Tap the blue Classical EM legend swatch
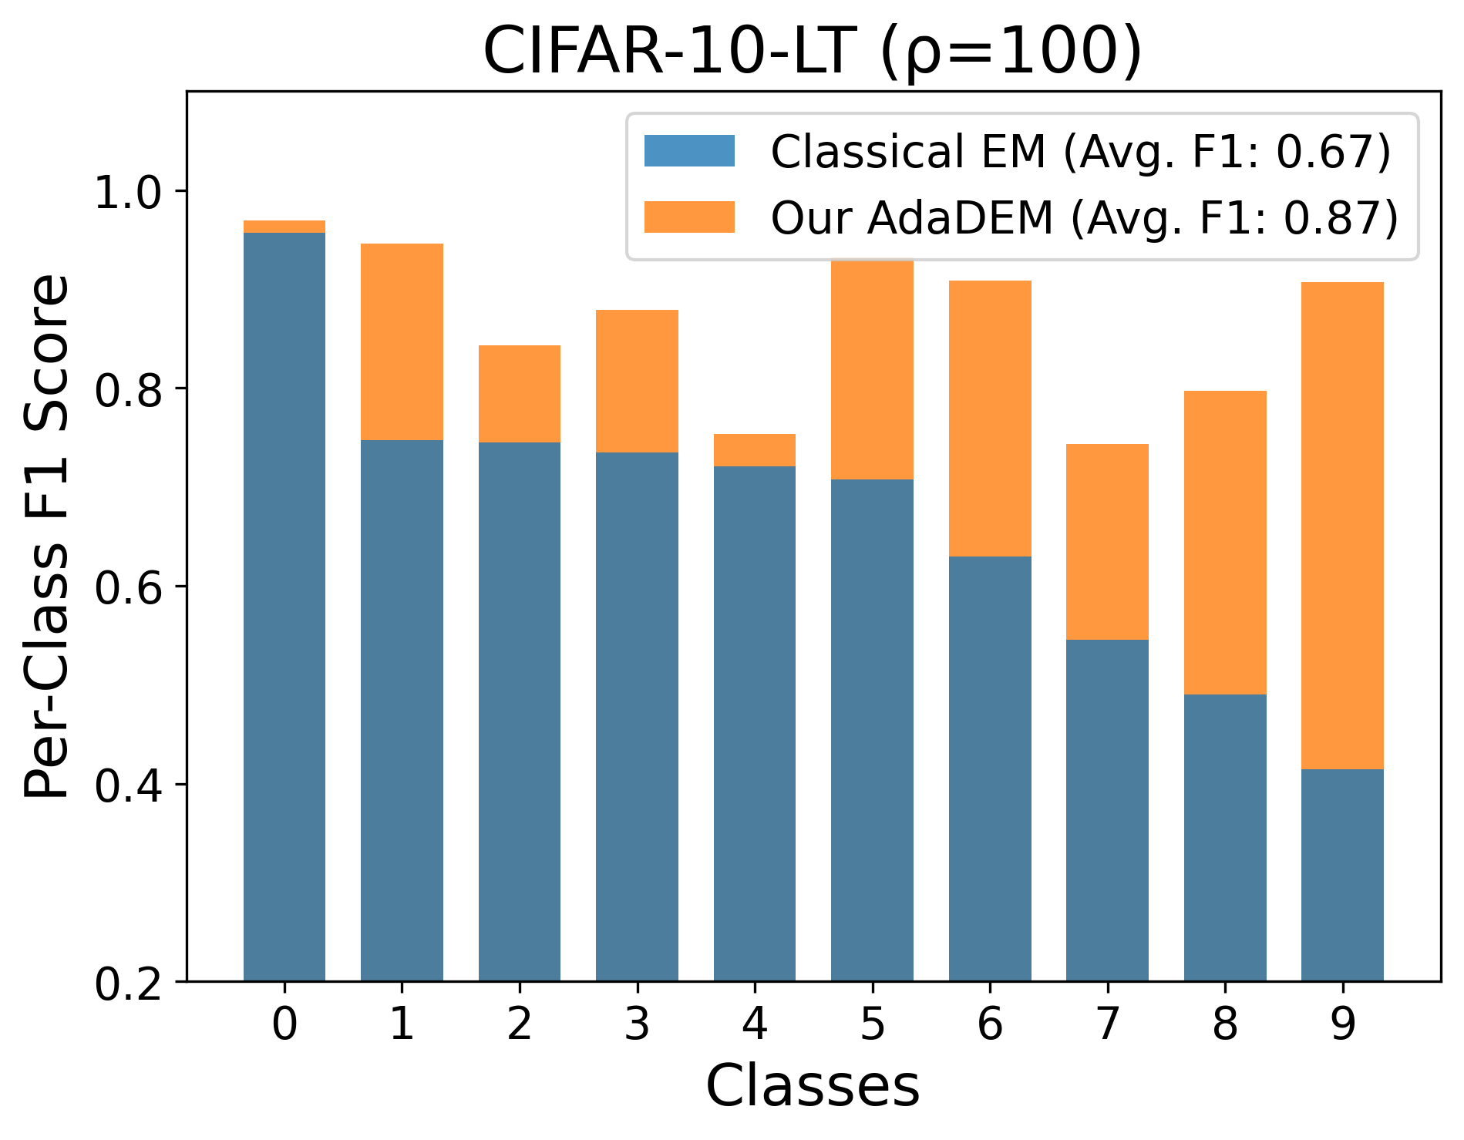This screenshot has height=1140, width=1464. coord(689,151)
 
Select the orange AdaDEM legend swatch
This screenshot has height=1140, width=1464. coord(689,217)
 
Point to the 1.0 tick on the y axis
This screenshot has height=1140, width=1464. coord(182,190)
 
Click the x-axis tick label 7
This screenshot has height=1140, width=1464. coord(1107,1024)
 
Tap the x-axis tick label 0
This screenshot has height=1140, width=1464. coord(284,1024)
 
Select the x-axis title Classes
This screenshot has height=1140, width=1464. coord(813,1086)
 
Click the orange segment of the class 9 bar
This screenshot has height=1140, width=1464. coord(1342,526)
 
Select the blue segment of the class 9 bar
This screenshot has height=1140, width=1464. coord(1342,875)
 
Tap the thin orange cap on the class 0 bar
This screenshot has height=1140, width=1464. coord(284,227)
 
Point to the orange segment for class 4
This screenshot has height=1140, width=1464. coord(755,450)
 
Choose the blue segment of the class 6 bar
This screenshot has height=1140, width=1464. coord(990,768)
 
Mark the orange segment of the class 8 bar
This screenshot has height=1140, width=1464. coord(1225,543)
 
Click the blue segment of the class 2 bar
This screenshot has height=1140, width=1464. coord(520,711)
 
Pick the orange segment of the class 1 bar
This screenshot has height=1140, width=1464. coord(402,341)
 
